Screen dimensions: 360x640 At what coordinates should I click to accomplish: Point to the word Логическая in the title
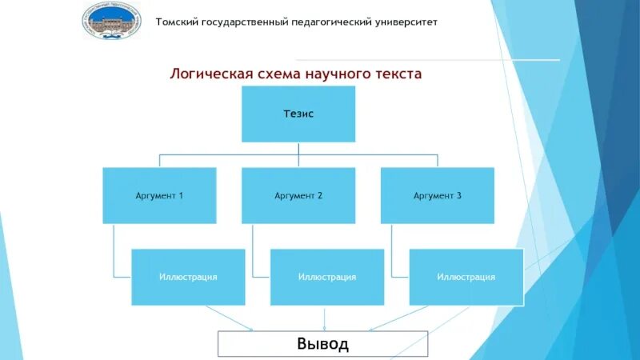click(208, 74)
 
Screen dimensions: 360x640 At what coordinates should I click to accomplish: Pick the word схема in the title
click(275, 74)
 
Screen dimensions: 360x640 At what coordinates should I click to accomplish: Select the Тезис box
click(298, 114)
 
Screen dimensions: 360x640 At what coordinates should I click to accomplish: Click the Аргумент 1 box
click(159, 195)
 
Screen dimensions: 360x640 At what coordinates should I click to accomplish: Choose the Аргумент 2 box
click(298, 195)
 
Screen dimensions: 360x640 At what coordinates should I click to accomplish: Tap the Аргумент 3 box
click(437, 195)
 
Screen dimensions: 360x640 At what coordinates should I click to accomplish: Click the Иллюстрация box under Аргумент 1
click(188, 277)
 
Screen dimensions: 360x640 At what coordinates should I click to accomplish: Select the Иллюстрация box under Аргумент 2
click(327, 277)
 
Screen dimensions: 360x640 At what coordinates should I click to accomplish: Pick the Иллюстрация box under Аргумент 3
click(466, 277)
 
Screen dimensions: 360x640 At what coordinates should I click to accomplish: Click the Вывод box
click(323, 344)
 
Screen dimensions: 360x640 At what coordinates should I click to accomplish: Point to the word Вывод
click(323, 344)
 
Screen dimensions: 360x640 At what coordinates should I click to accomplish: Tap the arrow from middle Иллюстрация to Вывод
click(324, 318)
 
